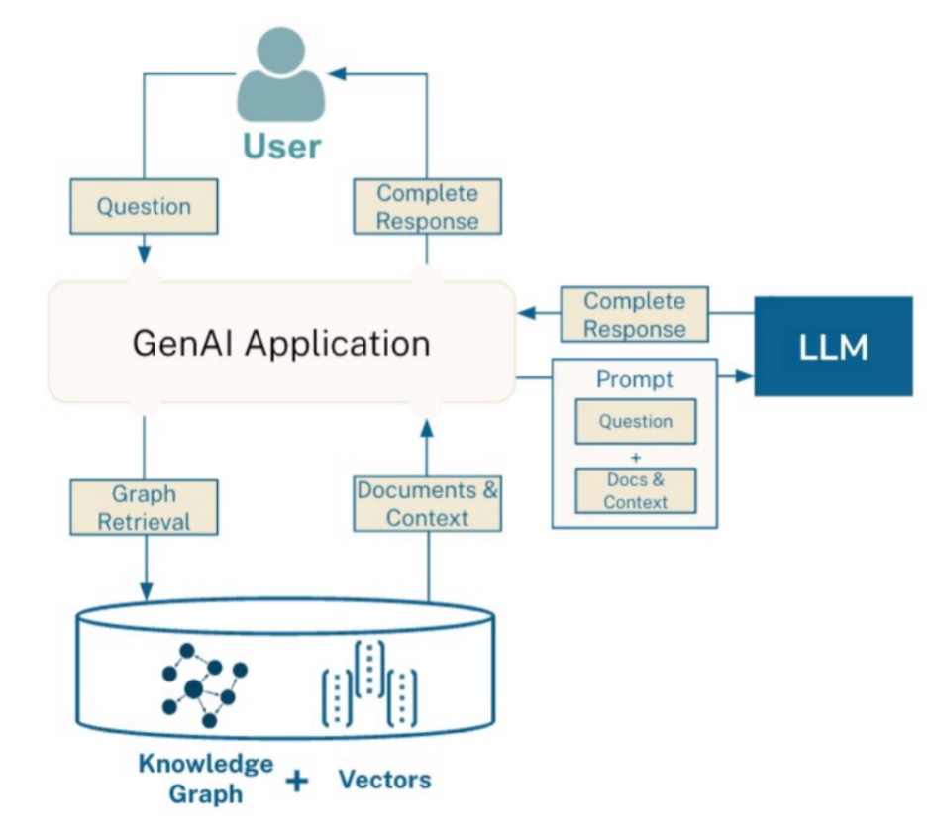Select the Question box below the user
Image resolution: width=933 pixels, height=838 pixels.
click(144, 206)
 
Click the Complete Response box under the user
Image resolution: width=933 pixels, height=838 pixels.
click(427, 206)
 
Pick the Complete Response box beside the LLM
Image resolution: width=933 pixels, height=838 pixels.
click(634, 314)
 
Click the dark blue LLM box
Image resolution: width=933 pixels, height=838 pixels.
click(833, 346)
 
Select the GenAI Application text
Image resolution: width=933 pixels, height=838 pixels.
click(281, 343)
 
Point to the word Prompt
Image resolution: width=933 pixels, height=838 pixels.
click(635, 379)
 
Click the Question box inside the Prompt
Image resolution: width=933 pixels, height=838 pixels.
click(635, 421)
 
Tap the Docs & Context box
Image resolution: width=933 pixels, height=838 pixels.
click(635, 490)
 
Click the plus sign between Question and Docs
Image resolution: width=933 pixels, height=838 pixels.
click(635, 456)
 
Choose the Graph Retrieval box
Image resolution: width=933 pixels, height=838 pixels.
click(144, 507)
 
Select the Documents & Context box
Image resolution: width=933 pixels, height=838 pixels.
click(427, 503)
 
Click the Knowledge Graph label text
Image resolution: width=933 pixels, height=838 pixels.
click(205, 779)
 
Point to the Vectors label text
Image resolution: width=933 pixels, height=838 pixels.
click(384, 779)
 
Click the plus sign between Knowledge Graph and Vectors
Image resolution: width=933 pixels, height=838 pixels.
click(296, 782)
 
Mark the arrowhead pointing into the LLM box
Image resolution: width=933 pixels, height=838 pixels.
click(745, 376)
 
